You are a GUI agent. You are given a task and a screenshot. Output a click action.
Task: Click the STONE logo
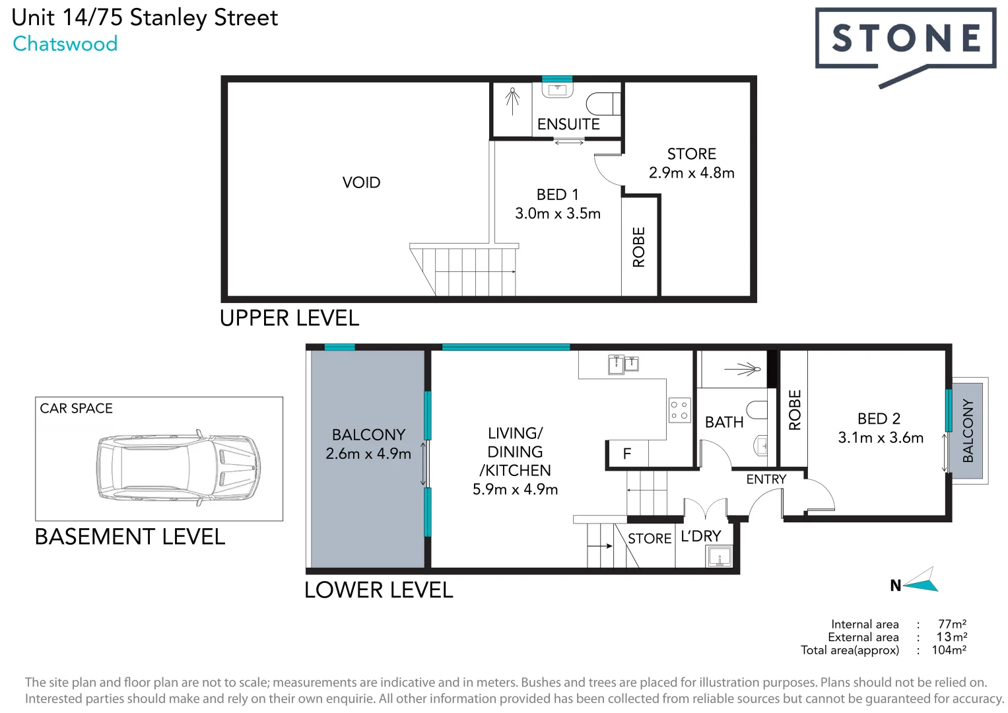(905, 40)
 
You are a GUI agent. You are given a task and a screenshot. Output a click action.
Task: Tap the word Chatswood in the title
(65, 44)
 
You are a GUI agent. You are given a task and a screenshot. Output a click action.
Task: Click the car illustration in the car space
(178, 468)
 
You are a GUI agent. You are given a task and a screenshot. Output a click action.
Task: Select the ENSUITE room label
(568, 124)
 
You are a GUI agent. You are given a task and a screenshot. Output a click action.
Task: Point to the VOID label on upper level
(361, 183)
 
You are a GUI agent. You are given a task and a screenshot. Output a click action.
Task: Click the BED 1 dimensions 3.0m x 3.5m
(558, 214)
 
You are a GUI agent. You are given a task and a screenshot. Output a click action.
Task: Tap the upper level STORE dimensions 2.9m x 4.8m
(691, 173)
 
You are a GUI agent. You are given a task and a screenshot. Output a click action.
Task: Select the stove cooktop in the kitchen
(679, 410)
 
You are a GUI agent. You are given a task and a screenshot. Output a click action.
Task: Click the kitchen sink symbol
(623, 364)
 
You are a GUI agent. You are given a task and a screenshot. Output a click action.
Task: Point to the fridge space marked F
(627, 454)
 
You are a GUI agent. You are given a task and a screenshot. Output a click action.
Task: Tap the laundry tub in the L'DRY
(719, 557)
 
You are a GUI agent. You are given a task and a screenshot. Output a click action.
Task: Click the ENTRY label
(766, 479)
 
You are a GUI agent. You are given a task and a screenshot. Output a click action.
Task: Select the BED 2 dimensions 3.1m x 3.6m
(880, 438)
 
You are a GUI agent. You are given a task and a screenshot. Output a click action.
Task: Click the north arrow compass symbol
(920, 581)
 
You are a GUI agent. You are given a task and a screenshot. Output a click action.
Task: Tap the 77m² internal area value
(952, 624)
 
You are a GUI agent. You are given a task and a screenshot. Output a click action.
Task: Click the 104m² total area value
(949, 650)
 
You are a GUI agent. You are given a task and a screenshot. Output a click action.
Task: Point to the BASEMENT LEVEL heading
(130, 537)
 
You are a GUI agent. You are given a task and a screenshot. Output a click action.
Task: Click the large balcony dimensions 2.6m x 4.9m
(368, 454)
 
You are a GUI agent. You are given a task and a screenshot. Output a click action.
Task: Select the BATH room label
(724, 423)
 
